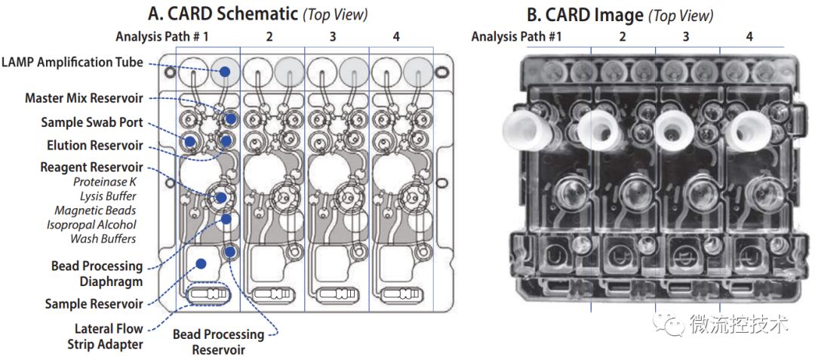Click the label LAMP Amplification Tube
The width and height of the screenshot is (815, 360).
pyautogui.click(x=73, y=63)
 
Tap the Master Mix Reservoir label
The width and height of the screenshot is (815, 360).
pyautogui.click(x=83, y=98)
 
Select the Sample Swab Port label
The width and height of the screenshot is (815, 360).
pyautogui.click(x=92, y=122)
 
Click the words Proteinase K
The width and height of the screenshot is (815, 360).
pyautogui.click(x=105, y=182)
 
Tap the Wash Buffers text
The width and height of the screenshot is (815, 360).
pyautogui.click(x=103, y=239)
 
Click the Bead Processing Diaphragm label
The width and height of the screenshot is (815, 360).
pyautogui.click(x=97, y=273)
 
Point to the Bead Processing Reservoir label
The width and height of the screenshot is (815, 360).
pyautogui.click(x=219, y=342)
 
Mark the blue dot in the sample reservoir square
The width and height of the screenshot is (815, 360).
pyautogui.click(x=201, y=263)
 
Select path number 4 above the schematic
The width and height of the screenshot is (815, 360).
pyautogui.click(x=396, y=35)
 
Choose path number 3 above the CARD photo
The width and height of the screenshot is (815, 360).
pyautogui.click(x=686, y=36)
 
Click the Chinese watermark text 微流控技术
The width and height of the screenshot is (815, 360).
pyautogui.click(x=739, y=325)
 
